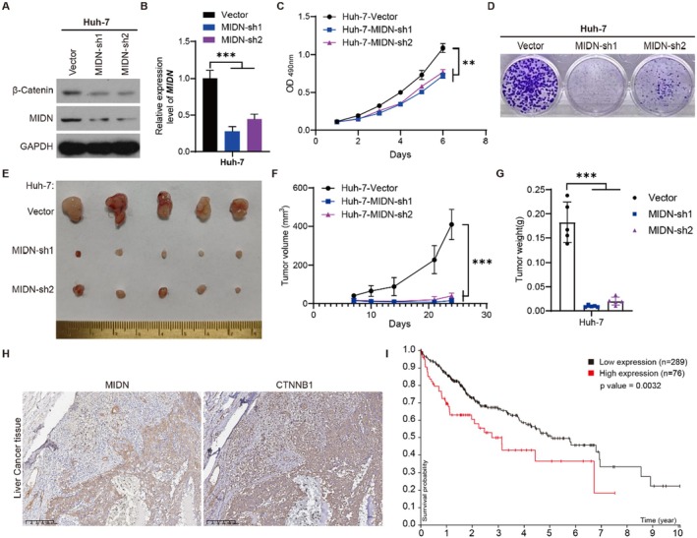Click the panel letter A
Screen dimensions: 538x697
pyautogui.click(x=7, y=10)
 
